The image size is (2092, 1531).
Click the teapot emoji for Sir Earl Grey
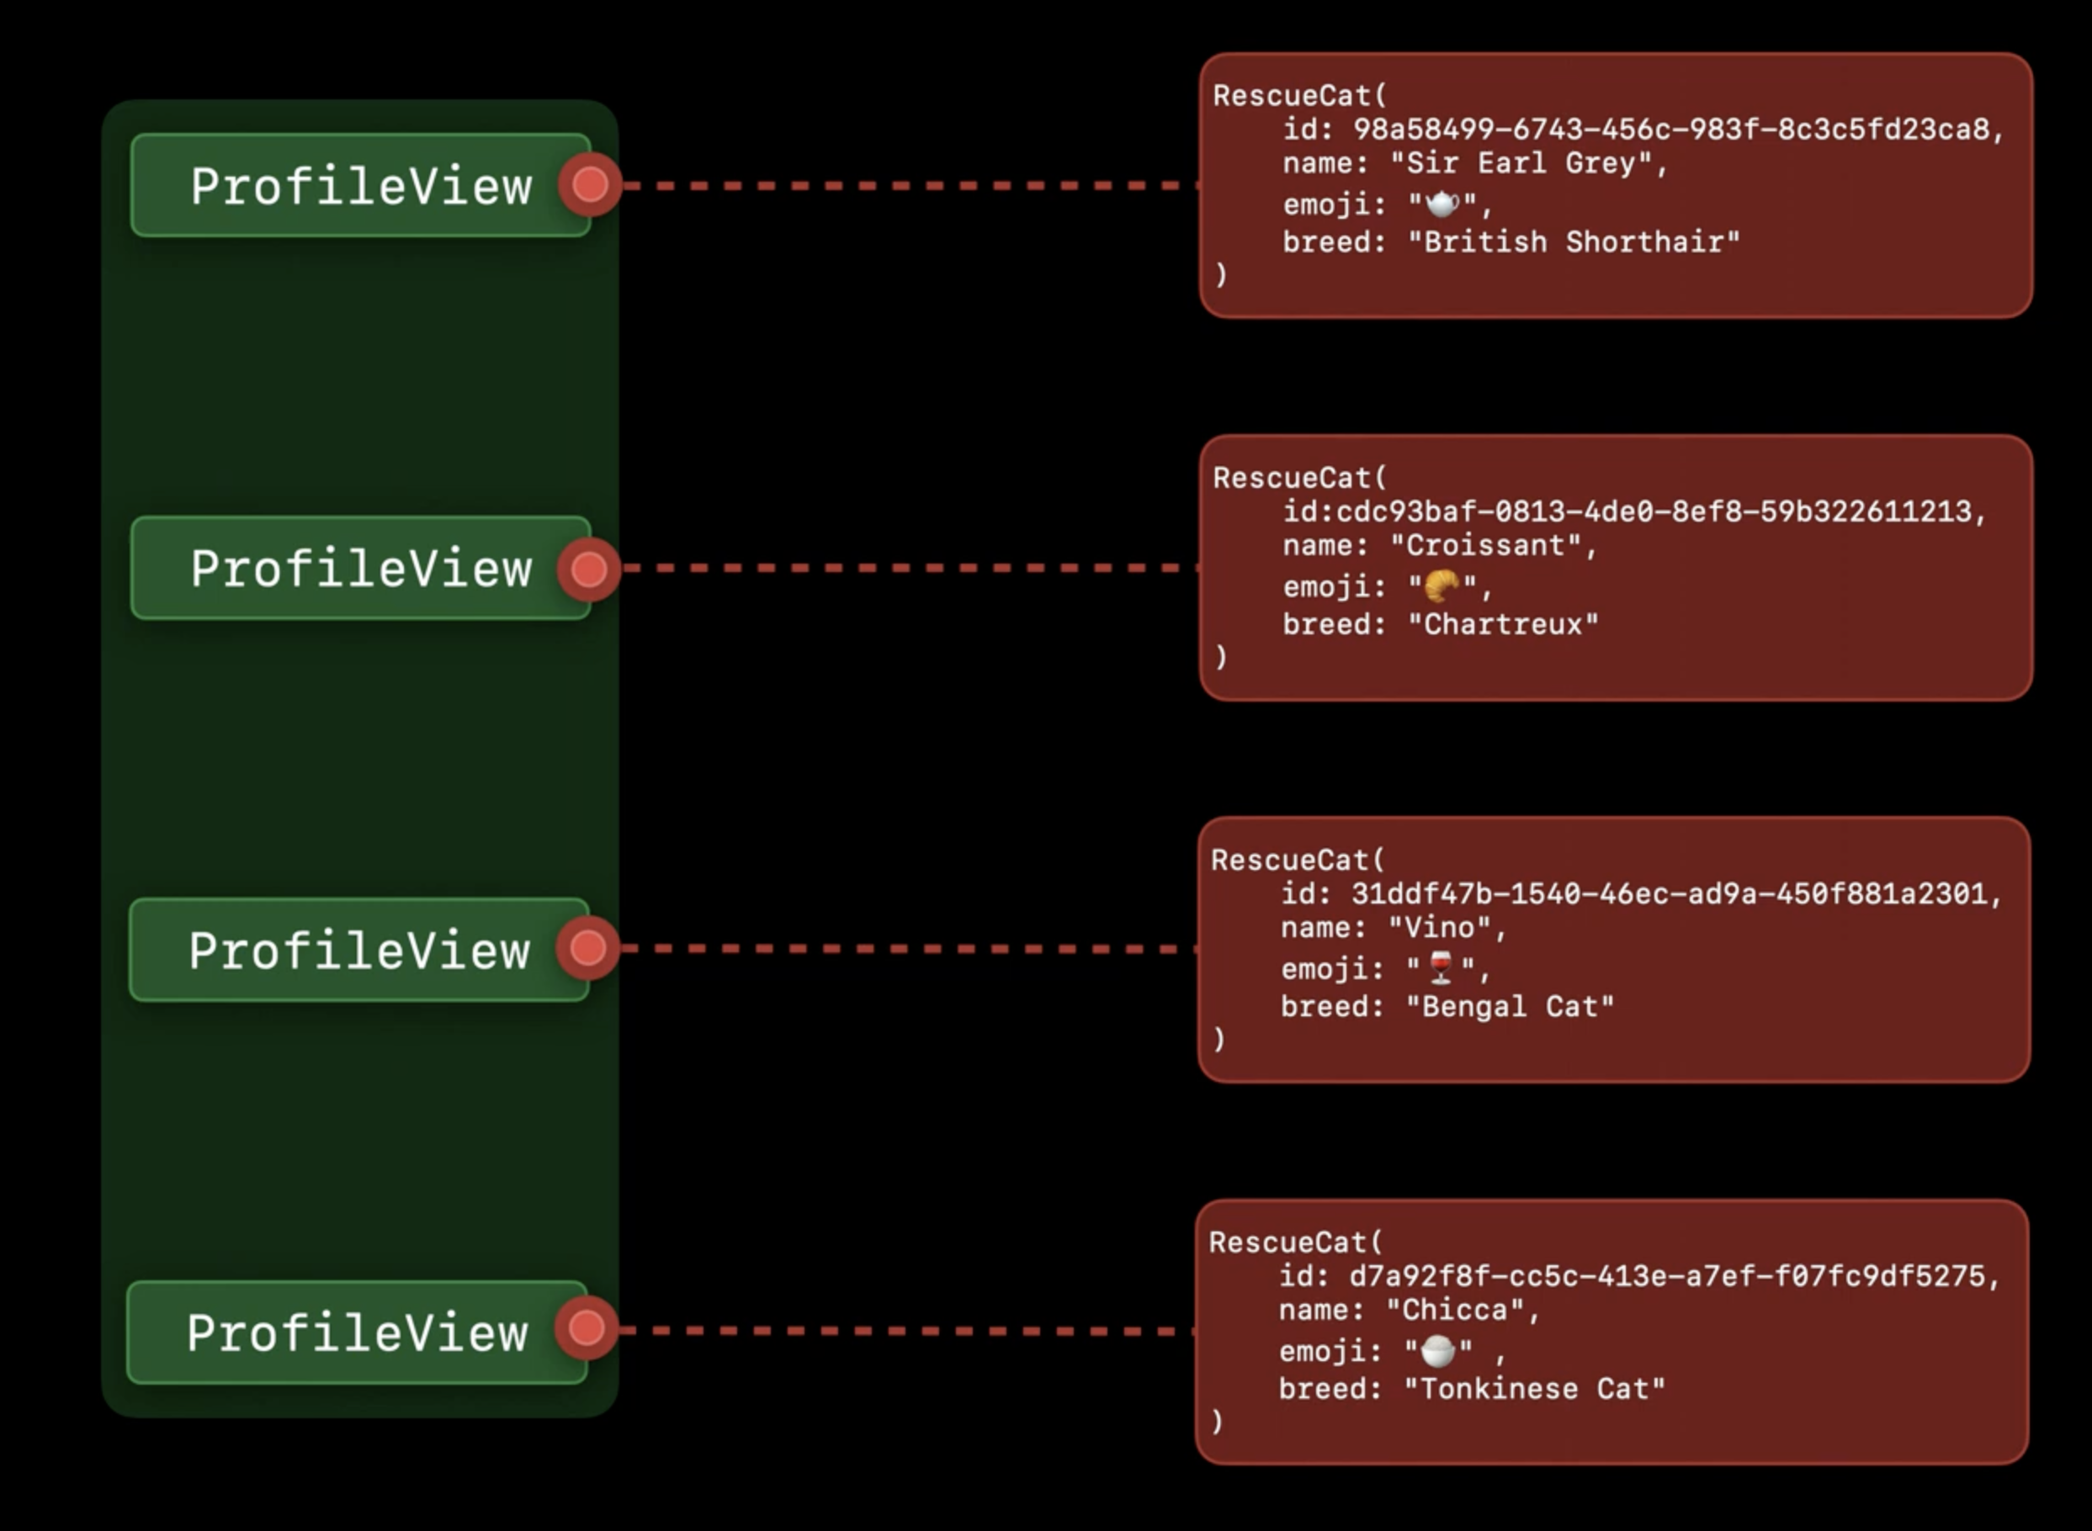pos(1442,203)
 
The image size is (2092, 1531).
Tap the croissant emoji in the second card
pos(1442,585)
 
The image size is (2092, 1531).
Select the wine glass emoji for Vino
pos(1441,967)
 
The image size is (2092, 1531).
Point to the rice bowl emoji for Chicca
pos(1437,1351)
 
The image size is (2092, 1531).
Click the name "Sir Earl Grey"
pos(1521,164)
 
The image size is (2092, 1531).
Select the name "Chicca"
pos(1455,1311)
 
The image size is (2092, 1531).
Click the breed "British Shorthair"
pos(1574,243)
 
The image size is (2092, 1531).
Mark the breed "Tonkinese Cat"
pos(1534,1389)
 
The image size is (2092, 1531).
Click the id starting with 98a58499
pos(1671,130)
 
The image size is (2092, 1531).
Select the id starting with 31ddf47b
pos(1670,894)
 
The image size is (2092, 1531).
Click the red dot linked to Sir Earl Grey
pos(590,184)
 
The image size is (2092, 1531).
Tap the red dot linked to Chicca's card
pos(586,1329)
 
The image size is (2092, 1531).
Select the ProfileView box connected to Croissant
pos(359,568)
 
